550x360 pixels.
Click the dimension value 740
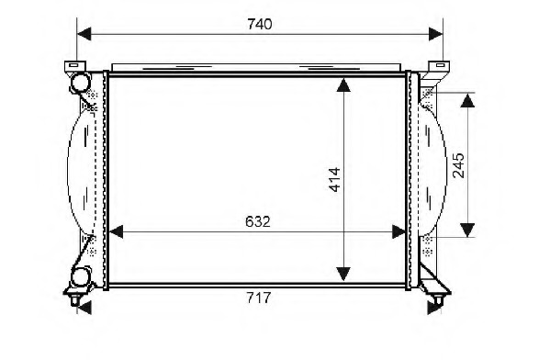click(261, 24)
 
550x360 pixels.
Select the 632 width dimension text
click(256, 221)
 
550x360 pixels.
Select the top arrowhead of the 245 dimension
click(467, 100)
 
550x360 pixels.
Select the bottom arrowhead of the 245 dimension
click(467, 229)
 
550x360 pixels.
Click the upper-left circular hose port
click(81, 83)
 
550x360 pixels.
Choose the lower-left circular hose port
click(82, 275)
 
